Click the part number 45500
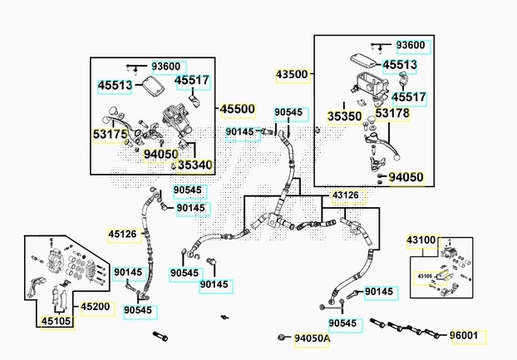point(238,109)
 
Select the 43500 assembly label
point(292,74)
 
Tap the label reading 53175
point(110,135)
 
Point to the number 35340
point(194,165)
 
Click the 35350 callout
point(345,116)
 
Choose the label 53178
point(392,113)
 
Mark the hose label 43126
point(345,195)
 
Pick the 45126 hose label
point(122,234)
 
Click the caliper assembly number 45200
point(96,307)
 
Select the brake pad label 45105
point(56,321)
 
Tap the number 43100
point(421,240)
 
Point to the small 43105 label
point(425,276)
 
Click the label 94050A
point(312,338)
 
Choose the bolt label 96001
point(464,336)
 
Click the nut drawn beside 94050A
point(282,337)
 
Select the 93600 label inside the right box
point(411,45)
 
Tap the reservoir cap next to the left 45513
point(153,85)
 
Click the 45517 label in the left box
point(192,80)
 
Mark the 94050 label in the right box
point(406,177)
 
